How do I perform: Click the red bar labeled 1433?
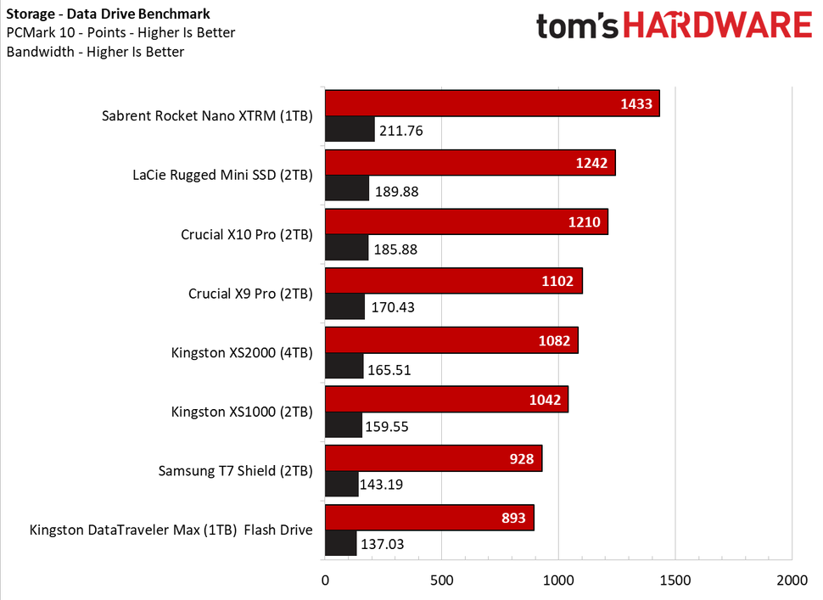[x=492, y=104]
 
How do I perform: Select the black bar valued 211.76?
[x=350, y=130]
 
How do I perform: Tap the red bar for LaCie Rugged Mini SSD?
[x=469, y=163]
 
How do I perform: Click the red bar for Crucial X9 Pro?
[x=453, y=281]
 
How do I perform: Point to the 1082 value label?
[x=555, y=340]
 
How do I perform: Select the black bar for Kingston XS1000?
[x=344, y=426]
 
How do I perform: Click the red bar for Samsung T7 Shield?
[x=433, y=459]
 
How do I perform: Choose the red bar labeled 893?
[x=428, y=518]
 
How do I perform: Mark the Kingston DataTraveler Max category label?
[x=171, y=530]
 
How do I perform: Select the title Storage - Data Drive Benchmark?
[x=108, y=14]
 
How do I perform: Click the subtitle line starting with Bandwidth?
[x=94, y=51]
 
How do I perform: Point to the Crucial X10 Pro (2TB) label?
[x=246, y=234]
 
